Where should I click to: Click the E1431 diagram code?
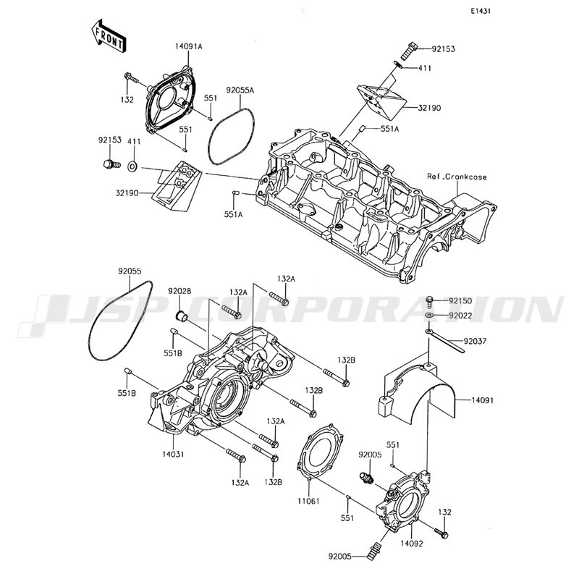pos(481,11)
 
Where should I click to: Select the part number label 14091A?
pos(189,47)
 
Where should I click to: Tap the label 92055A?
pos(240,90)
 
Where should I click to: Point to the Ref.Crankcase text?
pos(457,177)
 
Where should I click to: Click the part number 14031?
pos(173,455)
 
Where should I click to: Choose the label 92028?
pos(179,291)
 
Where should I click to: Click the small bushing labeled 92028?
pos(182,316)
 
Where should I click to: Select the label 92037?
pos(475,341)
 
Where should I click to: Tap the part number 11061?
pos(309,501)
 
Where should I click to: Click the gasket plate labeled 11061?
pos(321,452)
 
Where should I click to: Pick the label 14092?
pos(411,544)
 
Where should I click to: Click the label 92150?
pos(460,301)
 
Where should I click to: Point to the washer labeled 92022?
pos(429,316)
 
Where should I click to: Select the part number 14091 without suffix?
pos(482,400)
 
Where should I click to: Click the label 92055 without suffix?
pos(130,271)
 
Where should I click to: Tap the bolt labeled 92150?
pos(429,302)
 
